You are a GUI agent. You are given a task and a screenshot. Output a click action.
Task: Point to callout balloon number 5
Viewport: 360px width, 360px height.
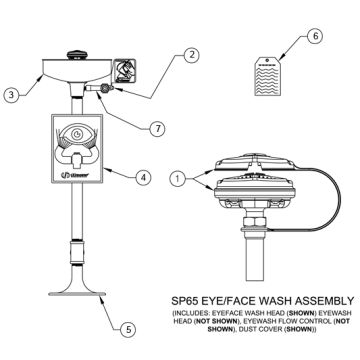pyautogui.click(x=127, y=327)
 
